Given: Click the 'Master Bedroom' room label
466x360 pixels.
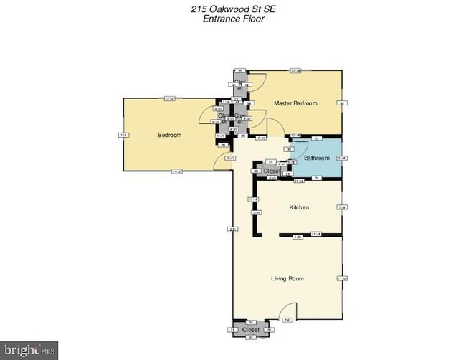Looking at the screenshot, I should coord(295,104).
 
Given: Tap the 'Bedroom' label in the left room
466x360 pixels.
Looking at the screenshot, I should coord(169,135).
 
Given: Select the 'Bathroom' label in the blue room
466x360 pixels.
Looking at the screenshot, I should coord(316,158).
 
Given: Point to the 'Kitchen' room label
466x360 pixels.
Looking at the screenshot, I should coord(299,207).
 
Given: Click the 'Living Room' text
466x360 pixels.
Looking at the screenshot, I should coord(287,278).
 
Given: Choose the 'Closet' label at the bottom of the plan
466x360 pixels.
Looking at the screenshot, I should coord(250,330).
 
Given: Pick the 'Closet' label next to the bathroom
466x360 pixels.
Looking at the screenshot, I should coord(272,171).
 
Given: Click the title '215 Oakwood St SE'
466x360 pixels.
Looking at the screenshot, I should coord(232,9).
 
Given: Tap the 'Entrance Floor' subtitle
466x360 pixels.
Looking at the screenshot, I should coord(232,19).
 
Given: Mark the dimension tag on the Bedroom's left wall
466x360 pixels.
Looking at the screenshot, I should coord(123,135).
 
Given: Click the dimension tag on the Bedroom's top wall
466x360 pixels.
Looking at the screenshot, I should coord(170,98).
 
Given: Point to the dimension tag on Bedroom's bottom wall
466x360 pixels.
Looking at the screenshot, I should coord(176,171).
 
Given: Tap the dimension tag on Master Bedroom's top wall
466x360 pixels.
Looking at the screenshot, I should coord(295,71).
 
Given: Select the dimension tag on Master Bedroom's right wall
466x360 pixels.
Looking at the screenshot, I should coord(342,103).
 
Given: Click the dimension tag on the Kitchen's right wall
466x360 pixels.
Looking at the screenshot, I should coord(342,207).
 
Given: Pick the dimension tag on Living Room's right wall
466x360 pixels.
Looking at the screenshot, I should coord(342,278).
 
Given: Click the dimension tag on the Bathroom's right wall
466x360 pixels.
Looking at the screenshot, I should coord(342,158).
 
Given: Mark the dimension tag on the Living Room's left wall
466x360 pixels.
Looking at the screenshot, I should coord(232,229).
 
